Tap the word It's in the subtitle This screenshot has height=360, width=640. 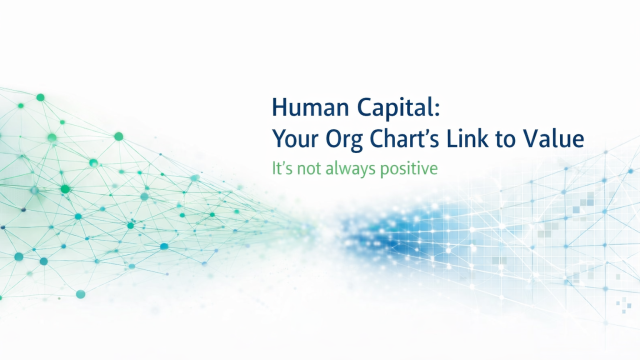(x=281, y=168)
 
